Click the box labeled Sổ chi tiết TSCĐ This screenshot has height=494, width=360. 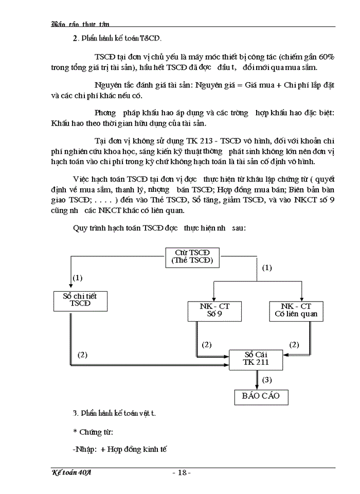[80, 300]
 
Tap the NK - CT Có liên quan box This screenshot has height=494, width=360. [296, 310]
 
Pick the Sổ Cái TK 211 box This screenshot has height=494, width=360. [256, 359]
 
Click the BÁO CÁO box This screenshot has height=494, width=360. [258, 396]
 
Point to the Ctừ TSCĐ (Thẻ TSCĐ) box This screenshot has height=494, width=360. [192, 257]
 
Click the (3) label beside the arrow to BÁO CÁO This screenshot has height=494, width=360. [267, 380]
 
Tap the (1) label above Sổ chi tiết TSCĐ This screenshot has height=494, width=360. [78, 277]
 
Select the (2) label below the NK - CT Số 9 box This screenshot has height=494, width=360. [207, 344]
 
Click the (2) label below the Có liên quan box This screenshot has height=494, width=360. [295, 344]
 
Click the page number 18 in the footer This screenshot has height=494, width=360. [182, 472]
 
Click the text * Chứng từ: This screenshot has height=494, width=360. [93, 431]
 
